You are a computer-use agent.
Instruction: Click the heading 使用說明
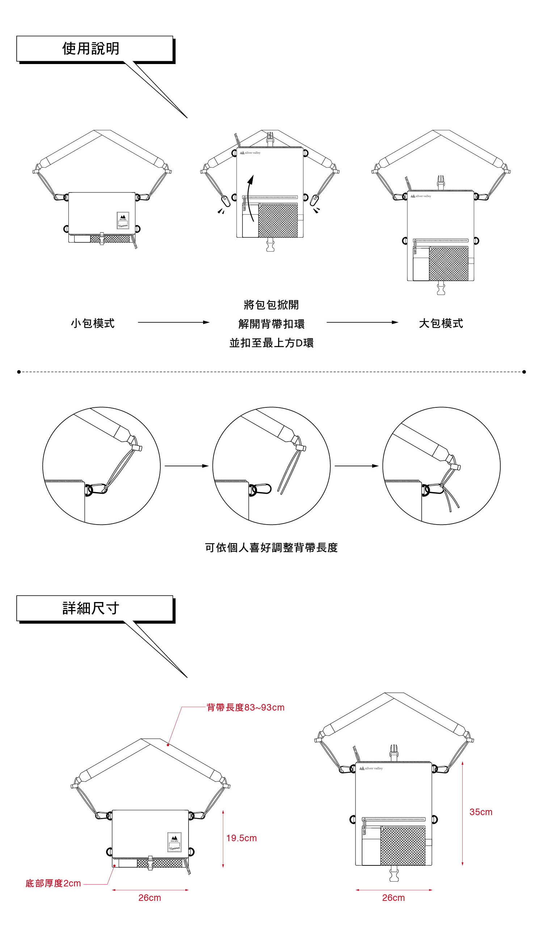pos(90,48)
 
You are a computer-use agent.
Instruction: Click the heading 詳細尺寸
pos(90,608)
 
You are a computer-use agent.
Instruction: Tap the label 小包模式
pos(93,323)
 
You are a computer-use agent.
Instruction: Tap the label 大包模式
pos(441,323)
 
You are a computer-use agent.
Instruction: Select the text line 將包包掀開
pos(271,305)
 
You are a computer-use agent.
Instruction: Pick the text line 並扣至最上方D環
pos(271,343)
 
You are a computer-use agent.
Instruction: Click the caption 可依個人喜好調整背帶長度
pos(271,548)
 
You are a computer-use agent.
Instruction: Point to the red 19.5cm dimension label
pos(241,838)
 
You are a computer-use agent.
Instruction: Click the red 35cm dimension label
pos(481,812)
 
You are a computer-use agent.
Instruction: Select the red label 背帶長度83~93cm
pos(245,707)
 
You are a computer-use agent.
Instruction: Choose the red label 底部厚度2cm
pos(53,883)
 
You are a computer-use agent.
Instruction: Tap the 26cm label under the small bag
pos(150,898)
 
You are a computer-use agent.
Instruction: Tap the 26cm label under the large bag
pos(393,898)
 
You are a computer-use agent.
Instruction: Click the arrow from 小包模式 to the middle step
pos(173,322)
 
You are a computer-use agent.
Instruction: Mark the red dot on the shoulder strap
pos(168,745)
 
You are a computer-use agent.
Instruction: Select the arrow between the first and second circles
pos(186,466)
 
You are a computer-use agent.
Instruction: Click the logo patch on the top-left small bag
pos(123,220)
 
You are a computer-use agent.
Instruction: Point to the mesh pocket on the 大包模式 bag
pos(449,264)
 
